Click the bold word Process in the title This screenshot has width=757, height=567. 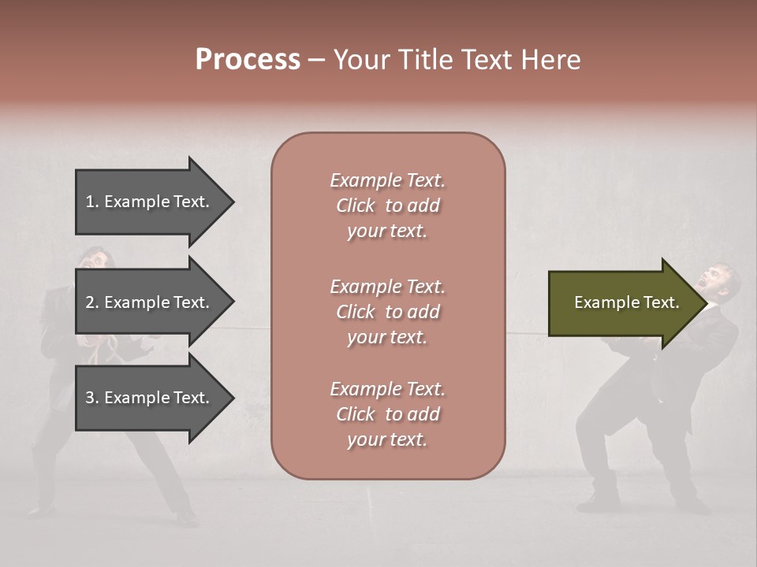248,60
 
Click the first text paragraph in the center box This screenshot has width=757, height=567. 387,206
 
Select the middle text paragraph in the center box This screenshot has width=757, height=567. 387,311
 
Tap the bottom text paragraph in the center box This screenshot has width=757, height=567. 387,414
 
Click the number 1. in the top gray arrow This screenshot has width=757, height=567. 92,202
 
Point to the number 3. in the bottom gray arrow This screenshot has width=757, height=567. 92,398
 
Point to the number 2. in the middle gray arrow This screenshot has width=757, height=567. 92,302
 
